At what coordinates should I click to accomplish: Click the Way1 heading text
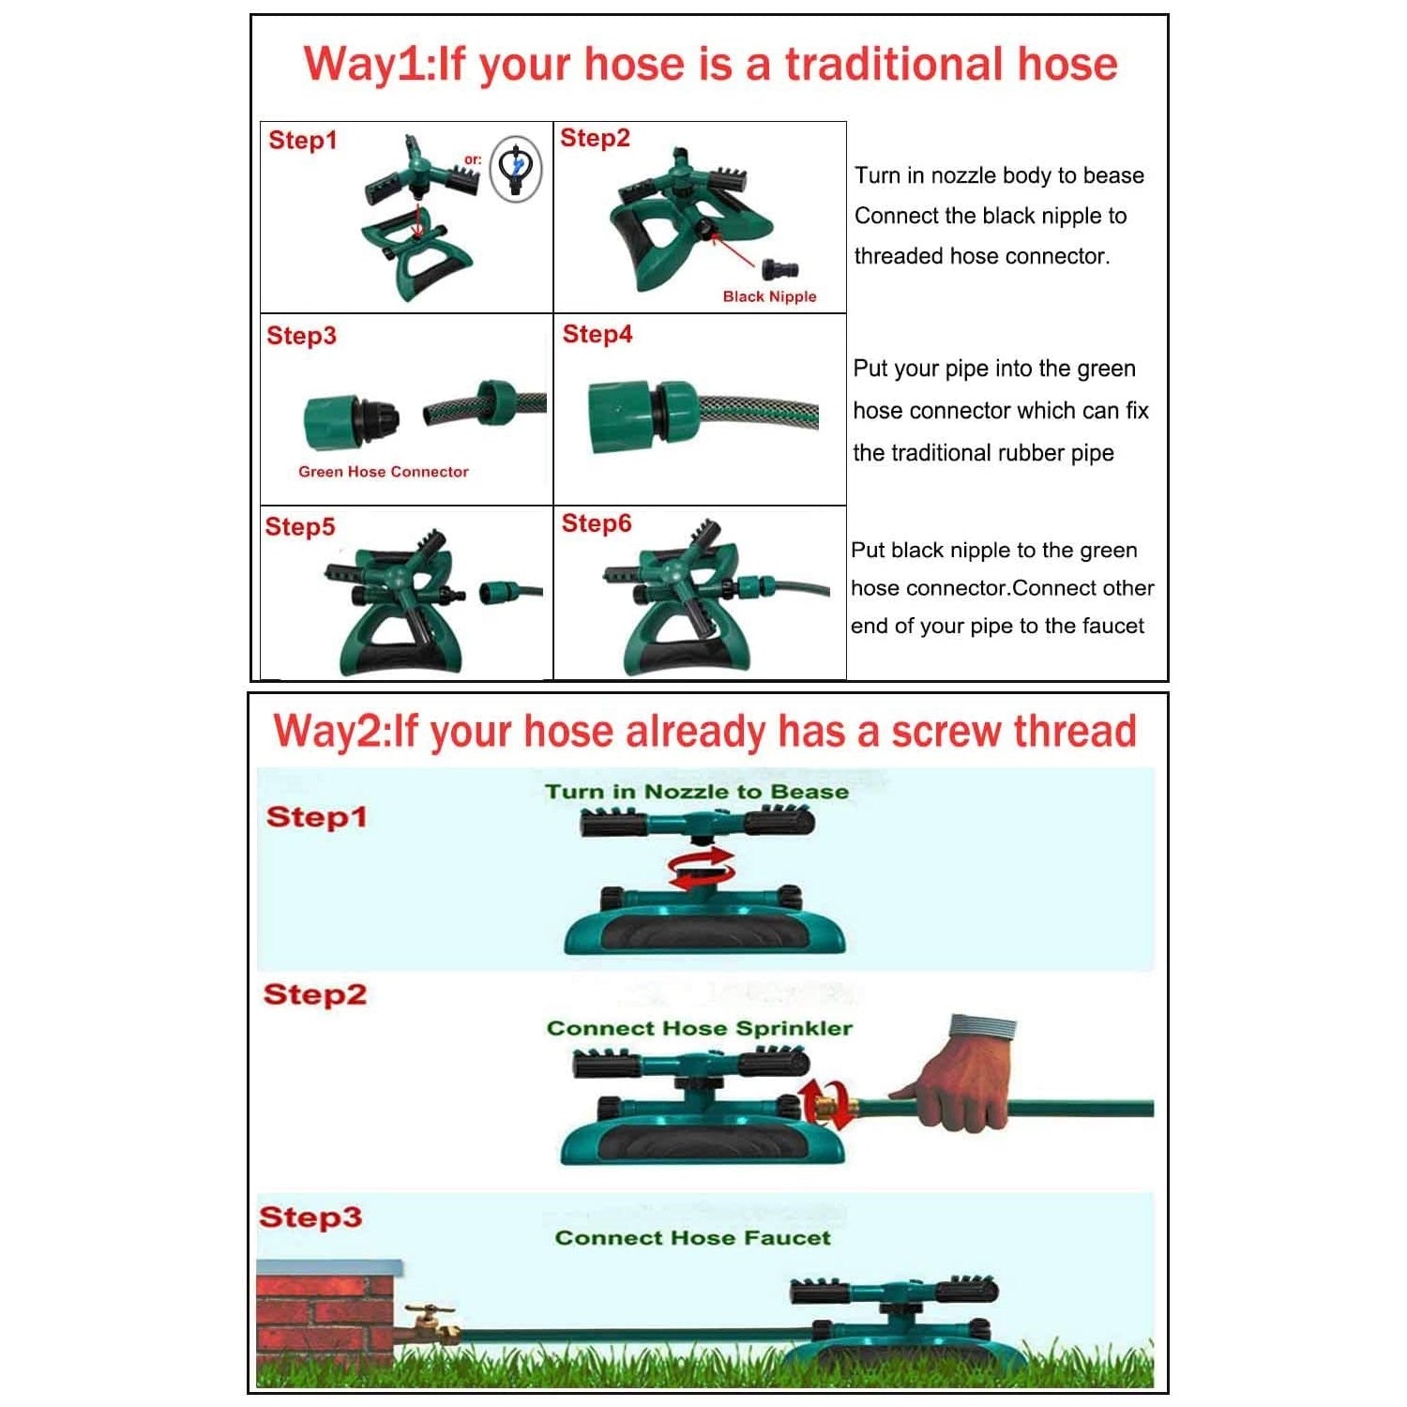pyautogui.click(x=710, y=65)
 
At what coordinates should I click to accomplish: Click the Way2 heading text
pyautogui.click(x=704, y=732)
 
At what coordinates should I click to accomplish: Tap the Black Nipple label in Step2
pyautogui.click(x=769, y=296)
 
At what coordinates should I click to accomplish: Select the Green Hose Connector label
pyautogui.click(x=384, y=472)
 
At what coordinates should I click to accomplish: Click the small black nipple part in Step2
pyautogui.click(x=780, y=270)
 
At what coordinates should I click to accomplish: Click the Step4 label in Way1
pyautogui.click(x=598, y=334)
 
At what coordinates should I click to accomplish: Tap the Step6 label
pyautogui.click(x=597, y=523)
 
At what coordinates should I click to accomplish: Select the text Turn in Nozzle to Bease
pyautogui.click(x=697, y=792)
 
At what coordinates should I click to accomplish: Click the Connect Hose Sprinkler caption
pyautogui.click(x=700, y=1028)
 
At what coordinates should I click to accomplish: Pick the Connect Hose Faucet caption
pyautogui.click(x=693, y=1238)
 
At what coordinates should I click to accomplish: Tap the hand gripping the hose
pyautogui.click(x=957, y=1074)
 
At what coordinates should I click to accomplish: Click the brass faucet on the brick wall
pyautogui.click(x=431, y=1321)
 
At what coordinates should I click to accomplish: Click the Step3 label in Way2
pyautogui.click(x=310, y=1218)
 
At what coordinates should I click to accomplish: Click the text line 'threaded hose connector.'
pyautogui.click(x=982, y=256)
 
